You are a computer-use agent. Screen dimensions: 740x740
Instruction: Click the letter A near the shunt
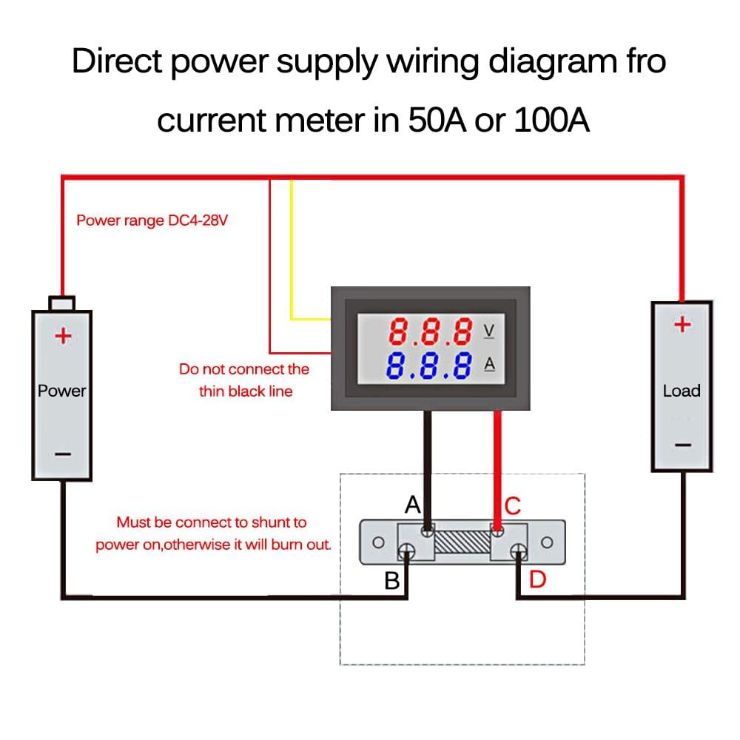pos(413,505)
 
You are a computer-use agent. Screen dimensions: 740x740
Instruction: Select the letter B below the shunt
pos(391,581)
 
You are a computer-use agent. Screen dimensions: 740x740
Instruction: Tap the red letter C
pos(513,506)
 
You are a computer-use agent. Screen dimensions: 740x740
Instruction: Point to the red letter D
pos(537,580)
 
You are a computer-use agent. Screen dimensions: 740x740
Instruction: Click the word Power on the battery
pos(62,391)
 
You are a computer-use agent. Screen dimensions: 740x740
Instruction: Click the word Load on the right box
pos(682,391)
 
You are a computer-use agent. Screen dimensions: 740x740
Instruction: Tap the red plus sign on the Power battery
pos(63,337)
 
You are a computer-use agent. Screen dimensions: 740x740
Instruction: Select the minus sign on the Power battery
pos(63,454)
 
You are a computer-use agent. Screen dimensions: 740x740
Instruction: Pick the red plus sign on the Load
pos(682,324)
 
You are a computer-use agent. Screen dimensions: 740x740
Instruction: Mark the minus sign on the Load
pos(682,445)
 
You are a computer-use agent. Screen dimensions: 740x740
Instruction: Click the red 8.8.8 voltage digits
pos(431,332)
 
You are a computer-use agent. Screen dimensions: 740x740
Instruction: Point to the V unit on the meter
pos(488,331)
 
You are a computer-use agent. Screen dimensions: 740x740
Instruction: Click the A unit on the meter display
pos(488,364)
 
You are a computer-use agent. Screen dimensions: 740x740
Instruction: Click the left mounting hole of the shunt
pos(377,542)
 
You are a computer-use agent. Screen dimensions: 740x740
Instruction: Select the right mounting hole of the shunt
pos(547,542)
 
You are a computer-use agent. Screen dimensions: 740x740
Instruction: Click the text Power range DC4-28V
pos(152,221)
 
